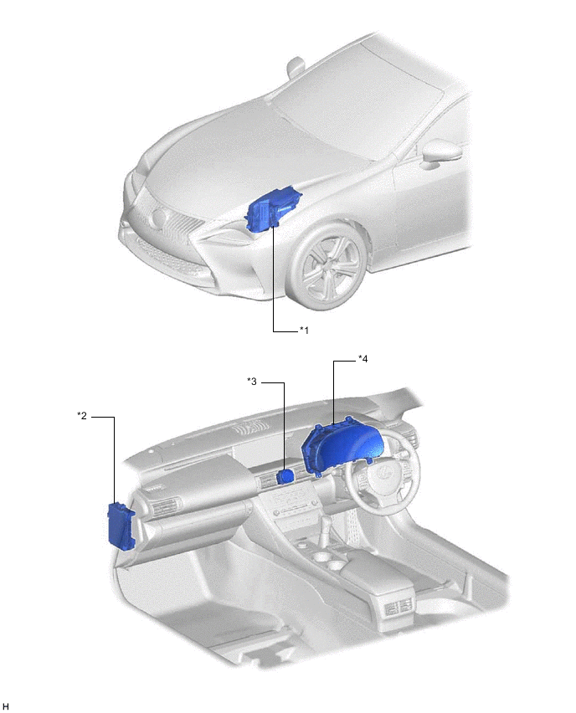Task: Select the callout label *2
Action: pos(82,415)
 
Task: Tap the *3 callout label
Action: pos(252,382)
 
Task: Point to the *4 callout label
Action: pos(363,359)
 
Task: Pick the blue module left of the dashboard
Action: pos(121,525)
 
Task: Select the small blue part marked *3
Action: pos(285,476)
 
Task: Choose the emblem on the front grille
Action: pos(157,219)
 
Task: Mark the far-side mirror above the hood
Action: pos(295,65)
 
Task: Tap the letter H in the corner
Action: pos(7,706)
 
